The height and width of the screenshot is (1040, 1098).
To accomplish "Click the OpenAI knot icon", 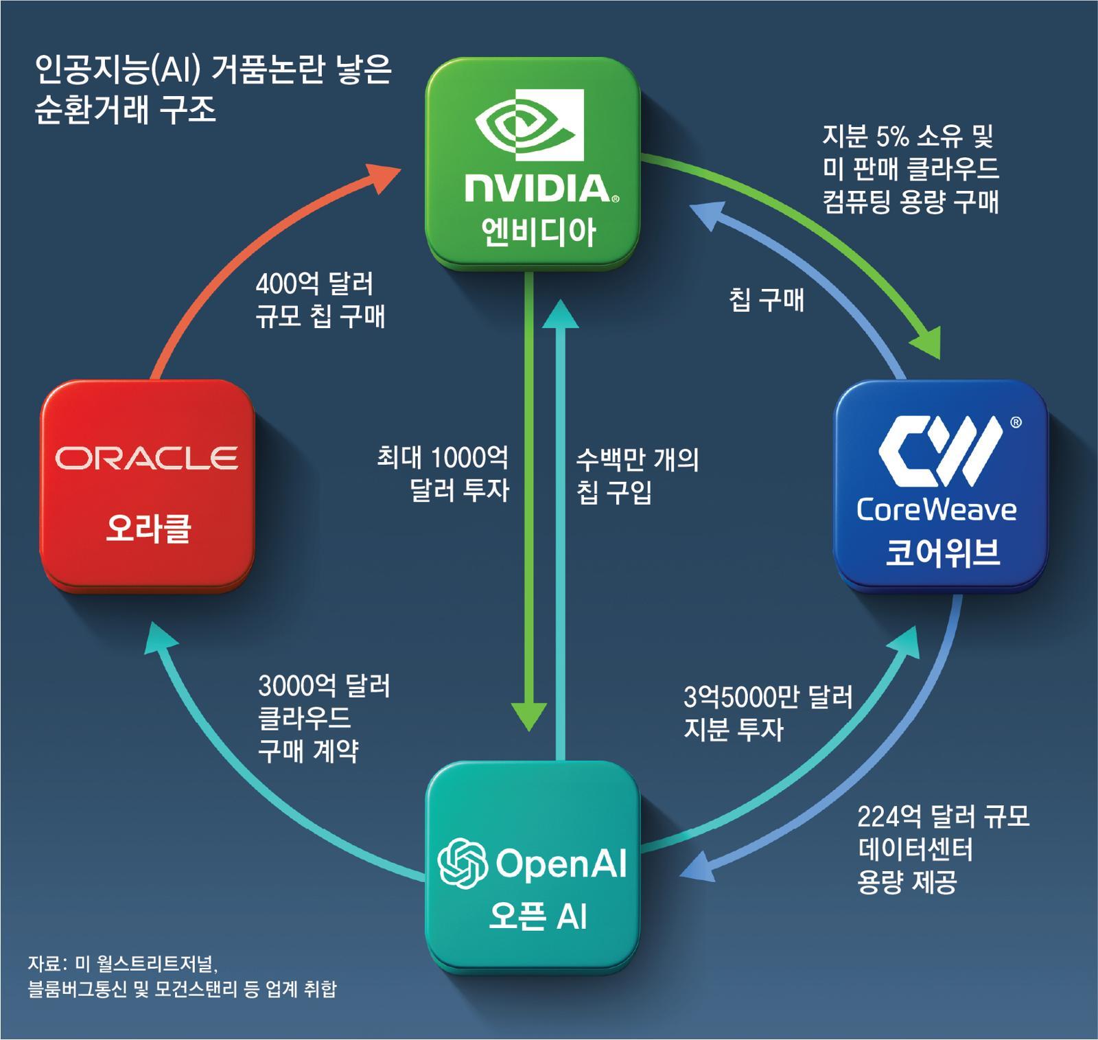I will (x=463, y=863).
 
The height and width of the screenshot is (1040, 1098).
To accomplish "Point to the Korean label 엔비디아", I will (x=539, y=232).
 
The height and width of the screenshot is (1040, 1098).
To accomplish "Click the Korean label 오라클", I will (x=148, y=529).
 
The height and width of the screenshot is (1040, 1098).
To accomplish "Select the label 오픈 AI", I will (x=538, y=916).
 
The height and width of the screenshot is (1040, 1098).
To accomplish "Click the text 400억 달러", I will (x=314, y=284).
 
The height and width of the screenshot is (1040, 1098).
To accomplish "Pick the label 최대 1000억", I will (x=443, y=457).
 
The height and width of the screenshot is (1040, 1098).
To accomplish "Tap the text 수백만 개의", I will (x=637, y=459).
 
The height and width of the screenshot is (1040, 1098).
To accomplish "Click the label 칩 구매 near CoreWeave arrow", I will (x=766, y=300).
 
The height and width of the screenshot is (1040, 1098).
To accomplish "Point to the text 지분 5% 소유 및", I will (x=908, y=136).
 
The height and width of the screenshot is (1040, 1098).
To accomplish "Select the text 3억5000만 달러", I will (x=768, y=697).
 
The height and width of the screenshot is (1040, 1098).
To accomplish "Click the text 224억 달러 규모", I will (x=943, y=817).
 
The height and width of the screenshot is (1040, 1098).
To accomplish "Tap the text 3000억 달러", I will (x=324, y=685).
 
